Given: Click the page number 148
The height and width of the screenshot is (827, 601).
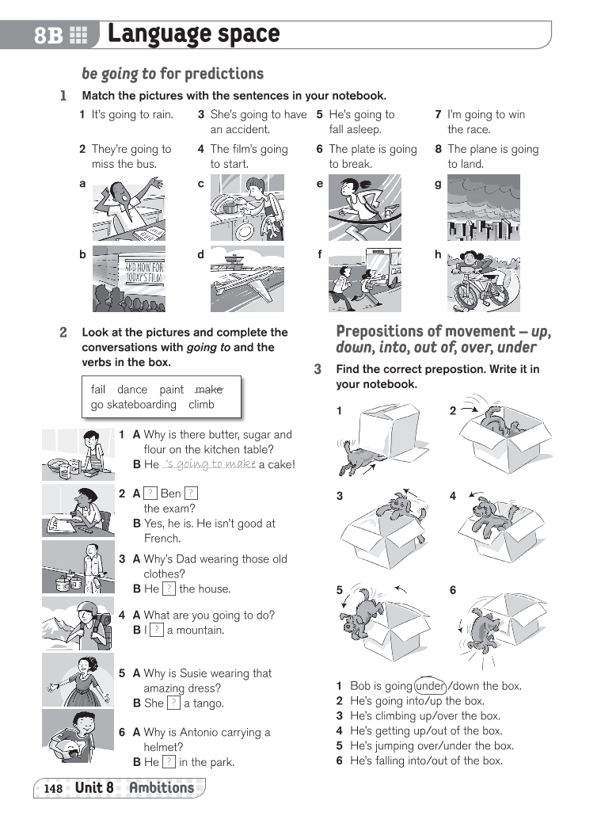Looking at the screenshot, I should pos(53,788).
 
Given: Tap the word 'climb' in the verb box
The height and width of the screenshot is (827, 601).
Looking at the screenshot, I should pos(201,404).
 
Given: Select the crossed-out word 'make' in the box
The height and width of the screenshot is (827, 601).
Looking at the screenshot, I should pos(208,389).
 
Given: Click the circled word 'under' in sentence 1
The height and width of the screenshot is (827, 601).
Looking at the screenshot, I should pos(430,686).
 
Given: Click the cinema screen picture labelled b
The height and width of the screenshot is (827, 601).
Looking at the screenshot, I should pos(128,278).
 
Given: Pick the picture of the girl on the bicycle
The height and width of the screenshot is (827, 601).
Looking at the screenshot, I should pos(483,278).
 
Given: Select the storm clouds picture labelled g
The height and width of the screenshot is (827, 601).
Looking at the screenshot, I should pos(483,208).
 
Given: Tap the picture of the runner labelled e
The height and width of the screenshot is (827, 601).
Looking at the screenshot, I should pos(365,208).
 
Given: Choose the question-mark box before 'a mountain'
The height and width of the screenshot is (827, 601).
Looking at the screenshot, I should pos(157,630).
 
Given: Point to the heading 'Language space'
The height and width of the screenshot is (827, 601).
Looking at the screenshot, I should pos(194,34).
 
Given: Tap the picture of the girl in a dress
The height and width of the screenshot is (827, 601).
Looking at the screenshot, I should pos(78,680).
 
